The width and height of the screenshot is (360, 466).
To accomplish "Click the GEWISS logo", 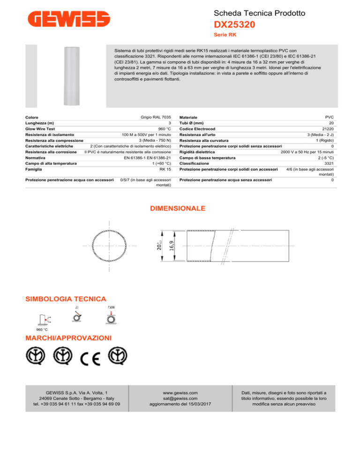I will point(69,20).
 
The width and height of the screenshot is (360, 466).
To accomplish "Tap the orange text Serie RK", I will point(223,35).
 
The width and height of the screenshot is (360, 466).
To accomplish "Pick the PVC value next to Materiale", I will point(329,117).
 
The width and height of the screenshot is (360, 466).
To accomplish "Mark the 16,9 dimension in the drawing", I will point(172,245).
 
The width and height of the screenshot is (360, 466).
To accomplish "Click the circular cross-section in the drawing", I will point(110,245).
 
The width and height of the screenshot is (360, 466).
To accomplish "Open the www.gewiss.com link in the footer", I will point(180,392).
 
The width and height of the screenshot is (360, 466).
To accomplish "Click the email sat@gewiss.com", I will point(180,398).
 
